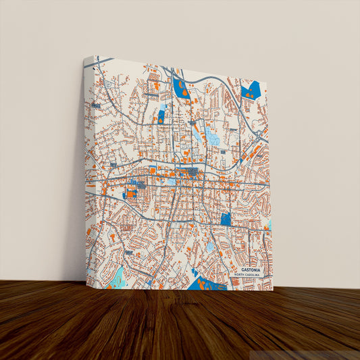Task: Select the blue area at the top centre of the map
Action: (x=181, y=88)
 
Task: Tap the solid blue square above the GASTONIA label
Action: (x=225, y=219)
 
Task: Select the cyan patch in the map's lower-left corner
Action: (x=118, y=277)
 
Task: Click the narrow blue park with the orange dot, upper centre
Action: (x=161, y=115)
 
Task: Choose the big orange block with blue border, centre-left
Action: (x=130, y=194)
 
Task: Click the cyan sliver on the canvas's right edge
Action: (x=269, y=222)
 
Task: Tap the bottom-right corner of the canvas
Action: (x=272, y=290)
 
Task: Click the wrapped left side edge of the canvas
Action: (x=85, y=169)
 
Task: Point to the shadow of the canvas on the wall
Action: (x=76, y=203)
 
